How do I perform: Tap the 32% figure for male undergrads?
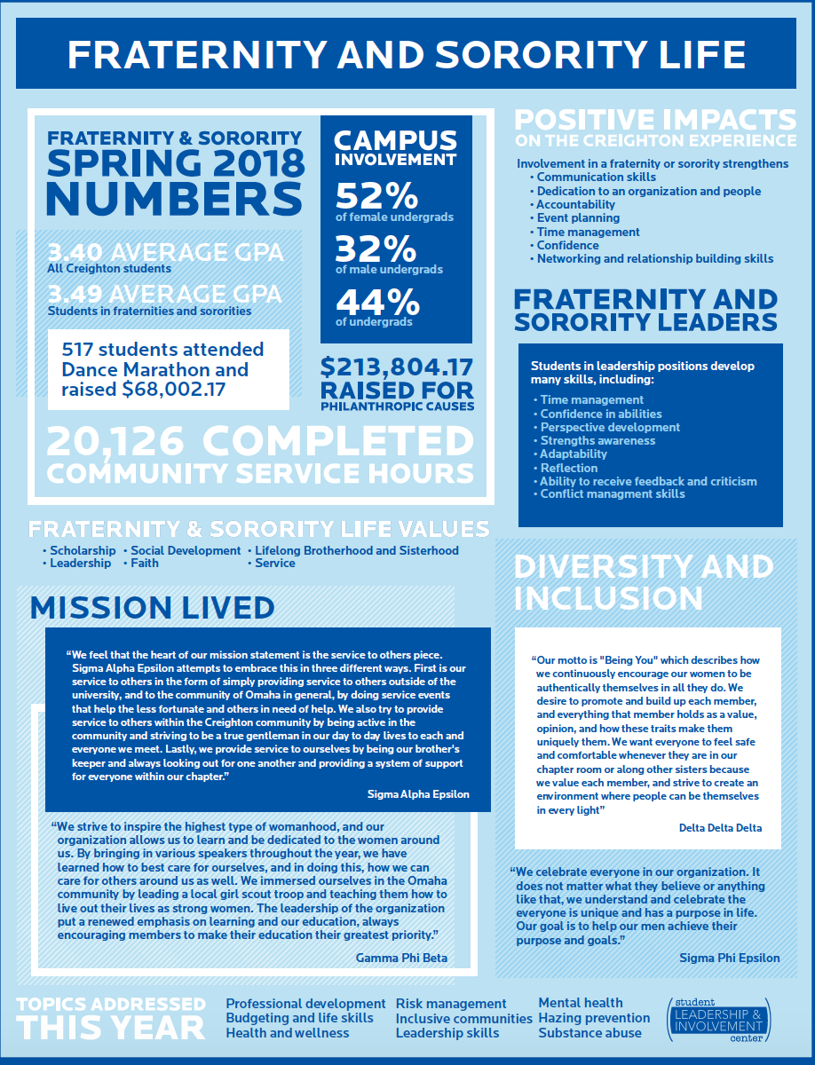(376, 248)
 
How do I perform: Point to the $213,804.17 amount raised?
(398, 367)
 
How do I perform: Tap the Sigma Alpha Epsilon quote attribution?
(418, 794)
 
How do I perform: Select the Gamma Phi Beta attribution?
(401, 958)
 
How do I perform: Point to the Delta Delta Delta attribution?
(719, 828)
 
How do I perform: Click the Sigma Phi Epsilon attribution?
(730, 958)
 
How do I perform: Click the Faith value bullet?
(145, 563)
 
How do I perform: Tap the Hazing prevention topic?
(594, 1018)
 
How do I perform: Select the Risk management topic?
(451, 1003)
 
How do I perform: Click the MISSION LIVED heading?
(152, 608)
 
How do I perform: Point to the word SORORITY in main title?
(490, 55)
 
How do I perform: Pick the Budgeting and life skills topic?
(299, 1018)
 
